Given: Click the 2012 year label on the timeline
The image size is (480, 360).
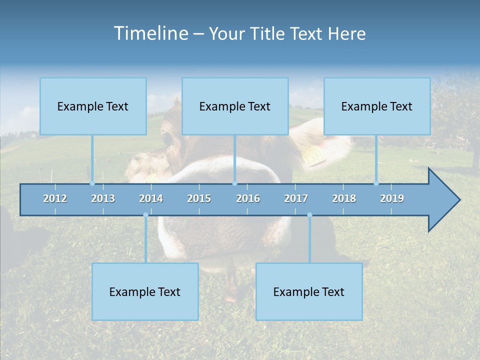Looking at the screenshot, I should (55, 198).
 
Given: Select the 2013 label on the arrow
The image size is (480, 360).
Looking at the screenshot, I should (103, 198).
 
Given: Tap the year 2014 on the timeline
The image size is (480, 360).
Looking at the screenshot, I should (151, 198).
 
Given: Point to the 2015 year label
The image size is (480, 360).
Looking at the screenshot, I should (199, 198).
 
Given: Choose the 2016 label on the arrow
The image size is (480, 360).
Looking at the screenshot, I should (248, 198).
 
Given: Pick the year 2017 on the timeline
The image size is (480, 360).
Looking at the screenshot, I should (296, 198).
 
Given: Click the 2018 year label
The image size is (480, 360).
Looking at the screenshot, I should (344, 198).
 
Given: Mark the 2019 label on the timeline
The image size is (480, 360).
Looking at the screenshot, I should (392, 198).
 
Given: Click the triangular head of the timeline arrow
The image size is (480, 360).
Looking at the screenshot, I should (442, 200).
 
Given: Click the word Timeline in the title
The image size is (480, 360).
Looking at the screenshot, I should (150, 33).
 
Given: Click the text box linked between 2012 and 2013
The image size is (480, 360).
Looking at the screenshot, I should (93, 106).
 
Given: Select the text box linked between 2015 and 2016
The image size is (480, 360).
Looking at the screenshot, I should (235, 106).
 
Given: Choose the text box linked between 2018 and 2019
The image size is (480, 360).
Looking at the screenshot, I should (377, 106).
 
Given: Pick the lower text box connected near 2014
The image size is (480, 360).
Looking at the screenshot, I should (145, 291).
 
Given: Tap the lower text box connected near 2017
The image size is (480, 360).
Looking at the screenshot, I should (309, 291).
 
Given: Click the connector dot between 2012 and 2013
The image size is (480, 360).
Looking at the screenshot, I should (92, 183).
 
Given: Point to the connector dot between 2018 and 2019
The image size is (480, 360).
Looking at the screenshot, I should (376, 183).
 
